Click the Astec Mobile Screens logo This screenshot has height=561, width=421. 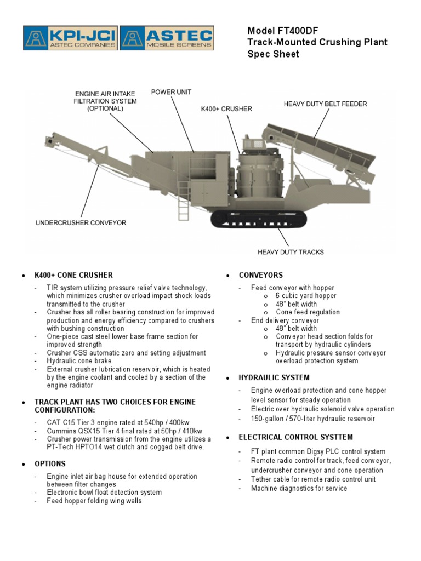[167, 39]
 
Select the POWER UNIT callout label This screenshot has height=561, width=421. [171, 92]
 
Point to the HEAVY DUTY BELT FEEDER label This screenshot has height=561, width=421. [325, 104]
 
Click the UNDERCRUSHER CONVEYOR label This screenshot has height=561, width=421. [81, 223]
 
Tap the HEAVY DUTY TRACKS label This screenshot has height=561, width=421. [291, 252]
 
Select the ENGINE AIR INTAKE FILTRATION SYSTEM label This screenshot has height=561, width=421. [106, 101]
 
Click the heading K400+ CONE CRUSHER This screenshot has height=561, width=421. [73, 275]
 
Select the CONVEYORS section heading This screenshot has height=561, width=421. [261, 275]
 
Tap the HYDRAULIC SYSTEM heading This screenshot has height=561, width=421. [274, 378]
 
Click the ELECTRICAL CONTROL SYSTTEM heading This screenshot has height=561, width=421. [295, 437]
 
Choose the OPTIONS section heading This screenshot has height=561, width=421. [50, 463]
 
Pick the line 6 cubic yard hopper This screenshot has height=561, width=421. [306, 296]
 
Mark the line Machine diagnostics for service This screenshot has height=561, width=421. [299, 488]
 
